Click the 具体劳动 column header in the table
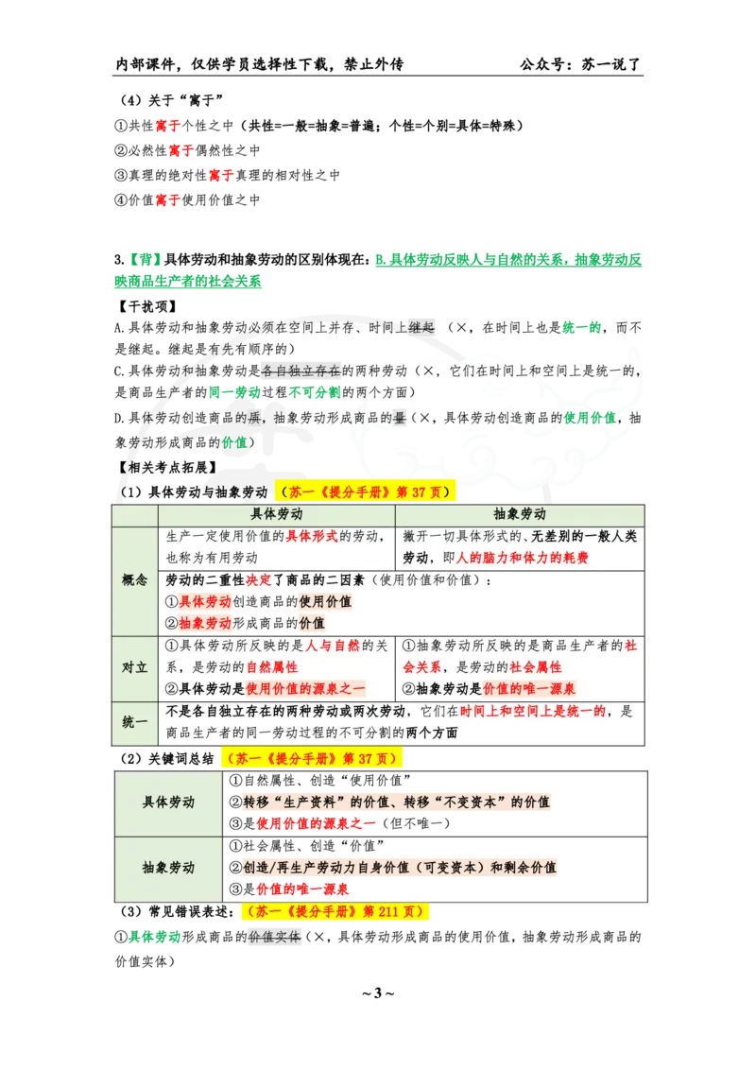click(x=277, y=514)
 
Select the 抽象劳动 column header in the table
click(x=520, y=514)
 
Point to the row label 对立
click(x=135, y=666)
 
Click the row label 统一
click(x=135, y=721)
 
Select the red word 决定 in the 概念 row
click(x=258, y=579)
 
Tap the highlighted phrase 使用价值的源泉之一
click(x=305, y=689)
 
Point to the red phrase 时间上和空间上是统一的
click(x=533, y=711)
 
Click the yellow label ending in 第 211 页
click(x=335, y=912)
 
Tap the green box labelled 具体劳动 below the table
click(x=168, y=802)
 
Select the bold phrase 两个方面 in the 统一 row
click(x=432, y=733)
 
